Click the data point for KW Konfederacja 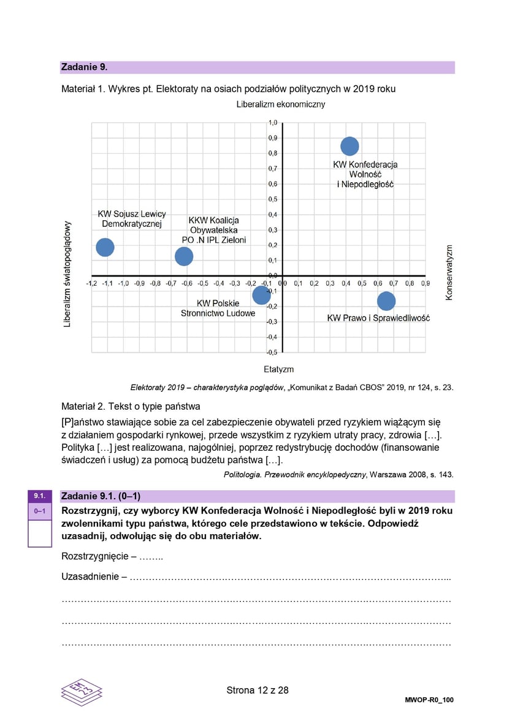pos(349,146)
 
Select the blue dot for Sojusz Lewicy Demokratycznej pos(105,247)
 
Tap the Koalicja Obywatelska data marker pos(184,256)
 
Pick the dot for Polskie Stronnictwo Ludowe pos(261,295)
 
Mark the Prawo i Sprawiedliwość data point pos(386,301)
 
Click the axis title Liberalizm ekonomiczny pos(281,104)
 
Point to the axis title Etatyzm pos(279,369)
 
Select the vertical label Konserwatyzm pos(449,273)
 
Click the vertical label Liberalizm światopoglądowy pos(68,274)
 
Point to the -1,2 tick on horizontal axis pos(91,284)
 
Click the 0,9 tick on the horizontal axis pos(425,284)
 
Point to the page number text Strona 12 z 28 pos(257,690)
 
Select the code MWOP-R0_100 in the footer pos(429,700)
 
